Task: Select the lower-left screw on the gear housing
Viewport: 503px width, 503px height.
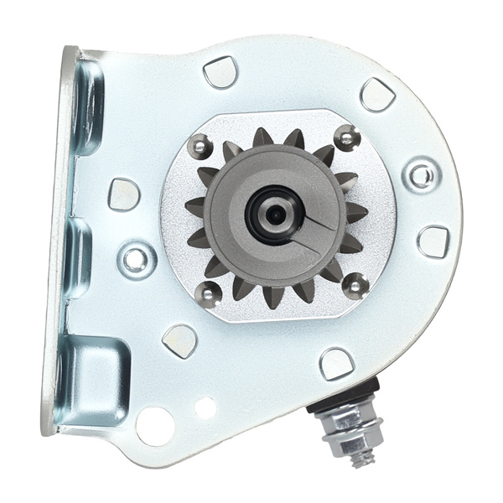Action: pyautogui.click(x=208, y=292)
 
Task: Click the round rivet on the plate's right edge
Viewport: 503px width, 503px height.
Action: pyautogui.click(x=420, y=175)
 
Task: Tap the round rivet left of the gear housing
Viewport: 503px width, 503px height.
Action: pyautogui.click(x=135, y=257)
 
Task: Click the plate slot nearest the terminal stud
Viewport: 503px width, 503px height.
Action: pyautogui.click(x=336, y=362)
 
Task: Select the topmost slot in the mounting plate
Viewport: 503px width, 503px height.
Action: pyautogui.click(x=220, y=72)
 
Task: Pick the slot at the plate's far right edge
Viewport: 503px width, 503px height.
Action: pyautogui.click(x=433, y=241)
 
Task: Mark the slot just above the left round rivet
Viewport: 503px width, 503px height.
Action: pyautogui.click(x=124, y=194)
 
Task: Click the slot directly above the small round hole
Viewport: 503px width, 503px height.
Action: pyautogui.click(x=179, y=340)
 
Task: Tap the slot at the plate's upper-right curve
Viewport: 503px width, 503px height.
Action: pyautogui.click(x=377, y=94)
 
